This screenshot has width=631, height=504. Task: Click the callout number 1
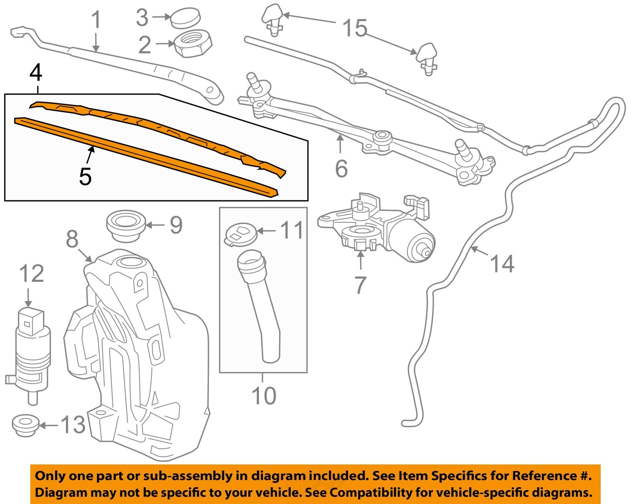pyautogui.click(x=97, y=20)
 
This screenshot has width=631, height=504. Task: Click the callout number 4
pyautogui.click(x=36, y=73)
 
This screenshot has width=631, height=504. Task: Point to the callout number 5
pyautogui.click(x=85, y=176)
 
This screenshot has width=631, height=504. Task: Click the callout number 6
pyautogui.click(x=341, y=168)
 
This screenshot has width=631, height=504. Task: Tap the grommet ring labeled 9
pyautogui.click(x=126, y=227)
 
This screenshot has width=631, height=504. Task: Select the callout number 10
pyautogui.click(x=264, y=396)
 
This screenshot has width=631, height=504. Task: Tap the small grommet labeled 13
pyautogui.click(x=25, y=425)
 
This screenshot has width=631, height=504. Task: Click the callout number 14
pyautogui.click(x=502, y=264)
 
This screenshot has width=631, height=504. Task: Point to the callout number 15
pyautogui.click(x=355, y=29)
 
